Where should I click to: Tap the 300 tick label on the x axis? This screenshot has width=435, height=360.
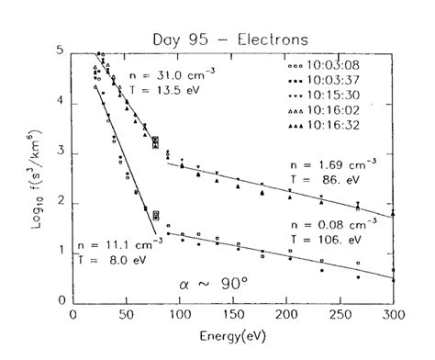[393, 314]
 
